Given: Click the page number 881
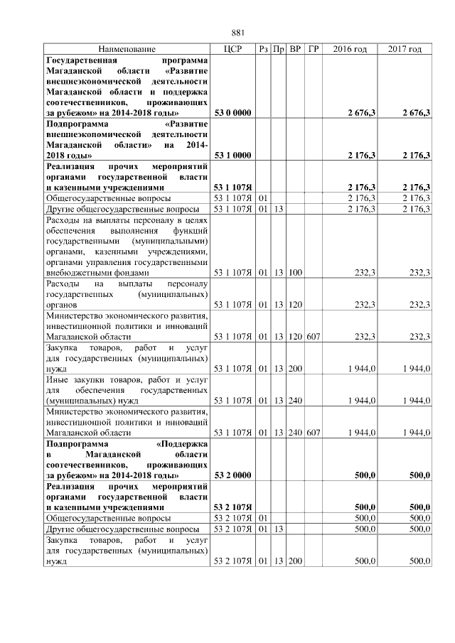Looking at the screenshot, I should pos(238,33).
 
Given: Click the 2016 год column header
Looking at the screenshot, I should pos(350,49).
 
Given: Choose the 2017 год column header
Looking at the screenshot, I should pos(405,49).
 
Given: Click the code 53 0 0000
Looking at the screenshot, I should pos(232,113).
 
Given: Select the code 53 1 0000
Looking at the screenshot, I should pos(232,155).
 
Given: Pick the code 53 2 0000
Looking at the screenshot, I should pos(232,475).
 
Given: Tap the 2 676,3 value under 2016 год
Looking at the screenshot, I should pos(361,113).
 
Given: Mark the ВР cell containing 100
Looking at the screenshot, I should pos(295,272).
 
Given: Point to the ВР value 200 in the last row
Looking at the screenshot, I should pos(295,561).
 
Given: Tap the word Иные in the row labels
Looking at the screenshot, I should pos(58,379).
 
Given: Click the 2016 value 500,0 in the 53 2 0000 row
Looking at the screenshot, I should pos(365,475).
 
